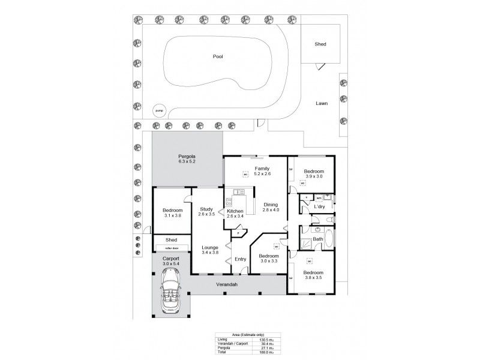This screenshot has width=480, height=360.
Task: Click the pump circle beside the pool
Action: [x=159, y=111]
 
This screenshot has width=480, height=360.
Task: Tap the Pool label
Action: [x=218, y=56]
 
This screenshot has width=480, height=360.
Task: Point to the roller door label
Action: [x=171, y=247]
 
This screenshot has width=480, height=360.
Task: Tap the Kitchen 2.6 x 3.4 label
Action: [x=235, y=214]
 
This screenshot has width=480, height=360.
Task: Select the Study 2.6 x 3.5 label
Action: [x=207, y=211]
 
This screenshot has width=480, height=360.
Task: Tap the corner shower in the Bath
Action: [x=306, y=243]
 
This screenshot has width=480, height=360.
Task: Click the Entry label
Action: [x=241, y=259]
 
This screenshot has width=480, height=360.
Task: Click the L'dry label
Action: [x=319, y=208]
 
